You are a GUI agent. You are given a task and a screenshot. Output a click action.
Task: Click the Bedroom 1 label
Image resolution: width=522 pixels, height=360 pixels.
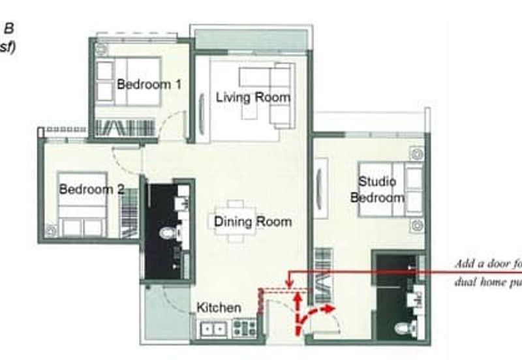coord(149,84)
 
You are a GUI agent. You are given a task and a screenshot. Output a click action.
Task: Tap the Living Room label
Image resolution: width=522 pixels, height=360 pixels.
coord(253,98)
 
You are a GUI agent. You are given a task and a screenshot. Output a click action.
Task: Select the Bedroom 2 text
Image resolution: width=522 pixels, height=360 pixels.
coord(91,190)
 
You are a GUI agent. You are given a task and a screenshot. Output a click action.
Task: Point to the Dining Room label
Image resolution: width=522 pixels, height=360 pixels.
coord(253,222)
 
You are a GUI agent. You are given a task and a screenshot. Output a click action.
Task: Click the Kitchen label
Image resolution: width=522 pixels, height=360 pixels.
coord(219,307)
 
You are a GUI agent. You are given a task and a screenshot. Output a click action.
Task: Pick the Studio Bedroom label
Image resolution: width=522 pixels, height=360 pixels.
coord(377,190)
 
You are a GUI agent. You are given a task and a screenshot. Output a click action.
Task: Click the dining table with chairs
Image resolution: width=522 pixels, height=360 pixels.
coord(236,221)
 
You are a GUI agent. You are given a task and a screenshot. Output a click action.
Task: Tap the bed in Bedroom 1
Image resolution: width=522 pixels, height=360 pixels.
coord(129,81)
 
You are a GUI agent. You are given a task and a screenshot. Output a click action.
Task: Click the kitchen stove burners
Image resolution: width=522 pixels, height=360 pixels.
coord(245,327)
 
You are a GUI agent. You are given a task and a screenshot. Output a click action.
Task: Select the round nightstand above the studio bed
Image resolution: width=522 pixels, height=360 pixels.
coord(416,153)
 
